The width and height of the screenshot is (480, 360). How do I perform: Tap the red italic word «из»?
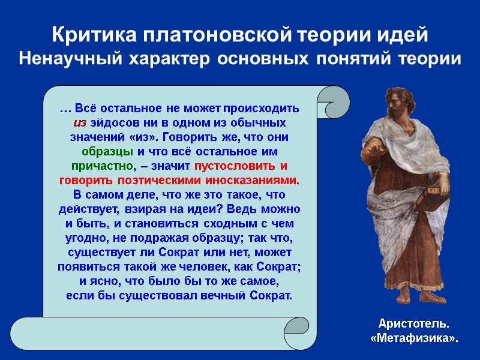click(x=80, y=123)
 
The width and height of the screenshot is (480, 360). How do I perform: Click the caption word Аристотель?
click(x=414, y=325)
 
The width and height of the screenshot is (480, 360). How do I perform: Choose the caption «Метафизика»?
click(x=414, y=338)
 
